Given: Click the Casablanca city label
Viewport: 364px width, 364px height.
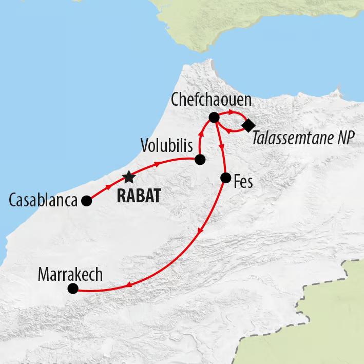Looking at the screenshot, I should pyautogui.click(x=43, y=200).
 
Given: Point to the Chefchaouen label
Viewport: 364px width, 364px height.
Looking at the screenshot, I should pyautogui.click(x=210, y=101).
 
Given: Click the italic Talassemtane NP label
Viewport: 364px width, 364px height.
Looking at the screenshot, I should pyautogui.click(x=304, y=139).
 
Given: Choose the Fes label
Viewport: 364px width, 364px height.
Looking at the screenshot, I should pyautogui.click(x=243, y=181).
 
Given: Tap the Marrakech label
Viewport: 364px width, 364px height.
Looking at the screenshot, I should pyautogui.click(x=70, y=274).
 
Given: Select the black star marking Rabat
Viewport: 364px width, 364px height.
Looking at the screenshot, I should pyautogui.click(x=128, y=178).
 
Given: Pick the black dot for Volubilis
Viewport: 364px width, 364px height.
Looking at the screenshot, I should pyautogui.click(x=200, y=160).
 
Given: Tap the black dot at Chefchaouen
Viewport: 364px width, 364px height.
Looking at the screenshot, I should pyautogui.click(x=214, y=118).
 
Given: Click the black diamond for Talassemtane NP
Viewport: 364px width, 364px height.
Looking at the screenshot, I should pyautogui.click(x=249, y=124).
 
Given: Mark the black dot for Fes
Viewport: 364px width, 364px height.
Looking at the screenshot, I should pyautogui.click(x=225, y=178).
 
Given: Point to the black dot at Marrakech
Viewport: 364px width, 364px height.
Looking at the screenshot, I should pyautogui.click(x=73, y=289).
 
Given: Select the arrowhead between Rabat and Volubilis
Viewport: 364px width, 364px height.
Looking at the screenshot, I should pyautogui.click(x=157, y=165).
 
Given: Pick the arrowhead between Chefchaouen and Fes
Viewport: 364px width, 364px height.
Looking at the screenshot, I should pyautogui.click(x=222, y=147).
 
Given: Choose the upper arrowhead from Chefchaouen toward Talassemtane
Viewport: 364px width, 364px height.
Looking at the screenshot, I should pyautogui.click(x=232, y=112).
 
